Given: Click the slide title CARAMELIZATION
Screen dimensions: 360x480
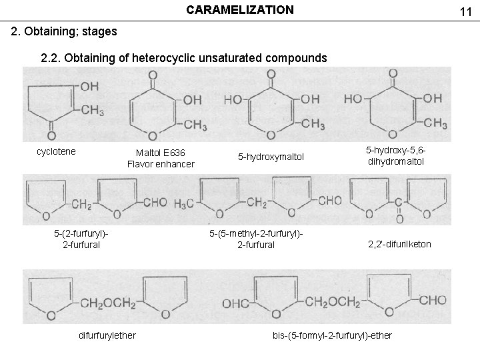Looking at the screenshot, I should click(x=239, y=10).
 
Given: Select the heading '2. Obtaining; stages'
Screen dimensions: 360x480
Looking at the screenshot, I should click(x=65, y=31).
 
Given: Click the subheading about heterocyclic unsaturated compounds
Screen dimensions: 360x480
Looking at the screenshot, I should click(x=184, y=58).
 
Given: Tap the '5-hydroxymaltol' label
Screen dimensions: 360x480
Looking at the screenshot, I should click(x=271, y=157).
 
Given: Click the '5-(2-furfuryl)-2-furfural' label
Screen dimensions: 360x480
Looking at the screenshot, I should click(x=81, y=239).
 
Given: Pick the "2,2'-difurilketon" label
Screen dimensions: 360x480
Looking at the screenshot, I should click(x=399, y=244).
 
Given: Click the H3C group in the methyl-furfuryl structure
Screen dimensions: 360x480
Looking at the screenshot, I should click(x=183, y=202).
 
